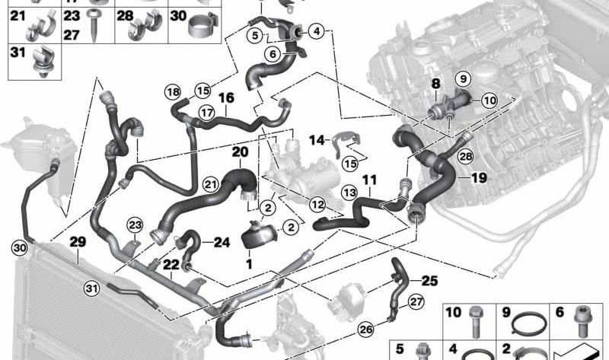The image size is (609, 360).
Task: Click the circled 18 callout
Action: point(173,92)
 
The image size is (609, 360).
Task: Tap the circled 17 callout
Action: point(206,113)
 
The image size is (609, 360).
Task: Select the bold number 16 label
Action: point(226,98)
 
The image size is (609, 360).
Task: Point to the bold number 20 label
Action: point(240,152)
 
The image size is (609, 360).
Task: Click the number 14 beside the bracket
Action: point(317,140)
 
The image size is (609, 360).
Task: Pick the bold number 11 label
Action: point(369,180)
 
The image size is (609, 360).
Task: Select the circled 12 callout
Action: point(317,204)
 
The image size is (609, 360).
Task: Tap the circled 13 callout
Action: point(349,193)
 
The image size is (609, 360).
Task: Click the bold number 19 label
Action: point(479,178)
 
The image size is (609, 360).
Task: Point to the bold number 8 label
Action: point(436,84)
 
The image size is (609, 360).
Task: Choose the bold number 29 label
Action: point(78,242)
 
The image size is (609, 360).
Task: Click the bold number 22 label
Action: point(171,265)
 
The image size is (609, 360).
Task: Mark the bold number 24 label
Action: point(222,242)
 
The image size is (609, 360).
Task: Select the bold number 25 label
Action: point(429,280)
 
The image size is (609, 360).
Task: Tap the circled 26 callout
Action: point(365,330)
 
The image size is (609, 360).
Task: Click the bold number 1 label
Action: point(249,264)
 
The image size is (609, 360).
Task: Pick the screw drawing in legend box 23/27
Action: point(94,26)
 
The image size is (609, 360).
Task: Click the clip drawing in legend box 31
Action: point(42,62)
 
